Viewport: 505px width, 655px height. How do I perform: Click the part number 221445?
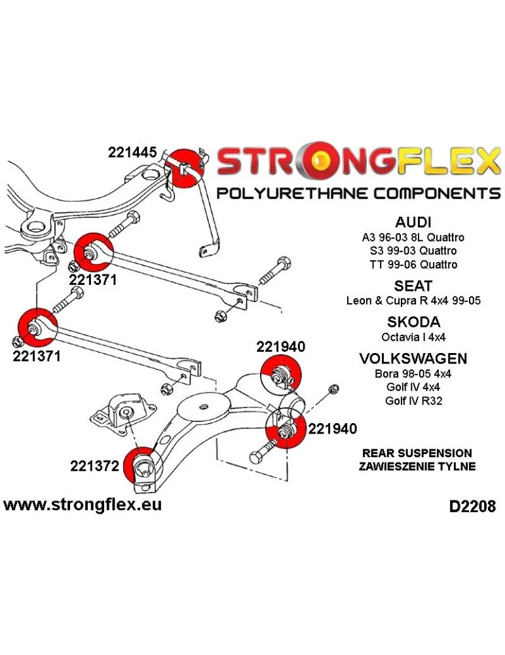coord(132,153)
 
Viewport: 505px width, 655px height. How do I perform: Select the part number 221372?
coord(96,466)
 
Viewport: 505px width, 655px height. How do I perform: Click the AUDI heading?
coord(413,221)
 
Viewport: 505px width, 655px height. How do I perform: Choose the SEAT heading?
coord(413,286)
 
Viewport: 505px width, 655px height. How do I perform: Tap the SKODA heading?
coord(413,322)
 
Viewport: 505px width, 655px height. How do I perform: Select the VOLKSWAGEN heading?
coord(413,359)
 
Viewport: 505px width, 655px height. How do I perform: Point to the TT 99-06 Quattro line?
coord(413,265)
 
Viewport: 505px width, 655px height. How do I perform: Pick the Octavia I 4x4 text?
coord(413,337)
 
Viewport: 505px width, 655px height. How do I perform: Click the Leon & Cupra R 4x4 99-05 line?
coord(413,301)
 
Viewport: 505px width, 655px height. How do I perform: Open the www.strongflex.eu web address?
coord(83,505)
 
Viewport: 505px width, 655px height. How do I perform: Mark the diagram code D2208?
coord(472,506)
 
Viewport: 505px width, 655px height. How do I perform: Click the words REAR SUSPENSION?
coord(417,453)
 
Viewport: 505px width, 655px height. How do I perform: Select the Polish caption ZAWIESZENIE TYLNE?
coord(417,466)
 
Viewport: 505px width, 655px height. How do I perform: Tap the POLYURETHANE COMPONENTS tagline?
coord(358,194)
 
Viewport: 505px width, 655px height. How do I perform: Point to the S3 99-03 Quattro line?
coord(413,251)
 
